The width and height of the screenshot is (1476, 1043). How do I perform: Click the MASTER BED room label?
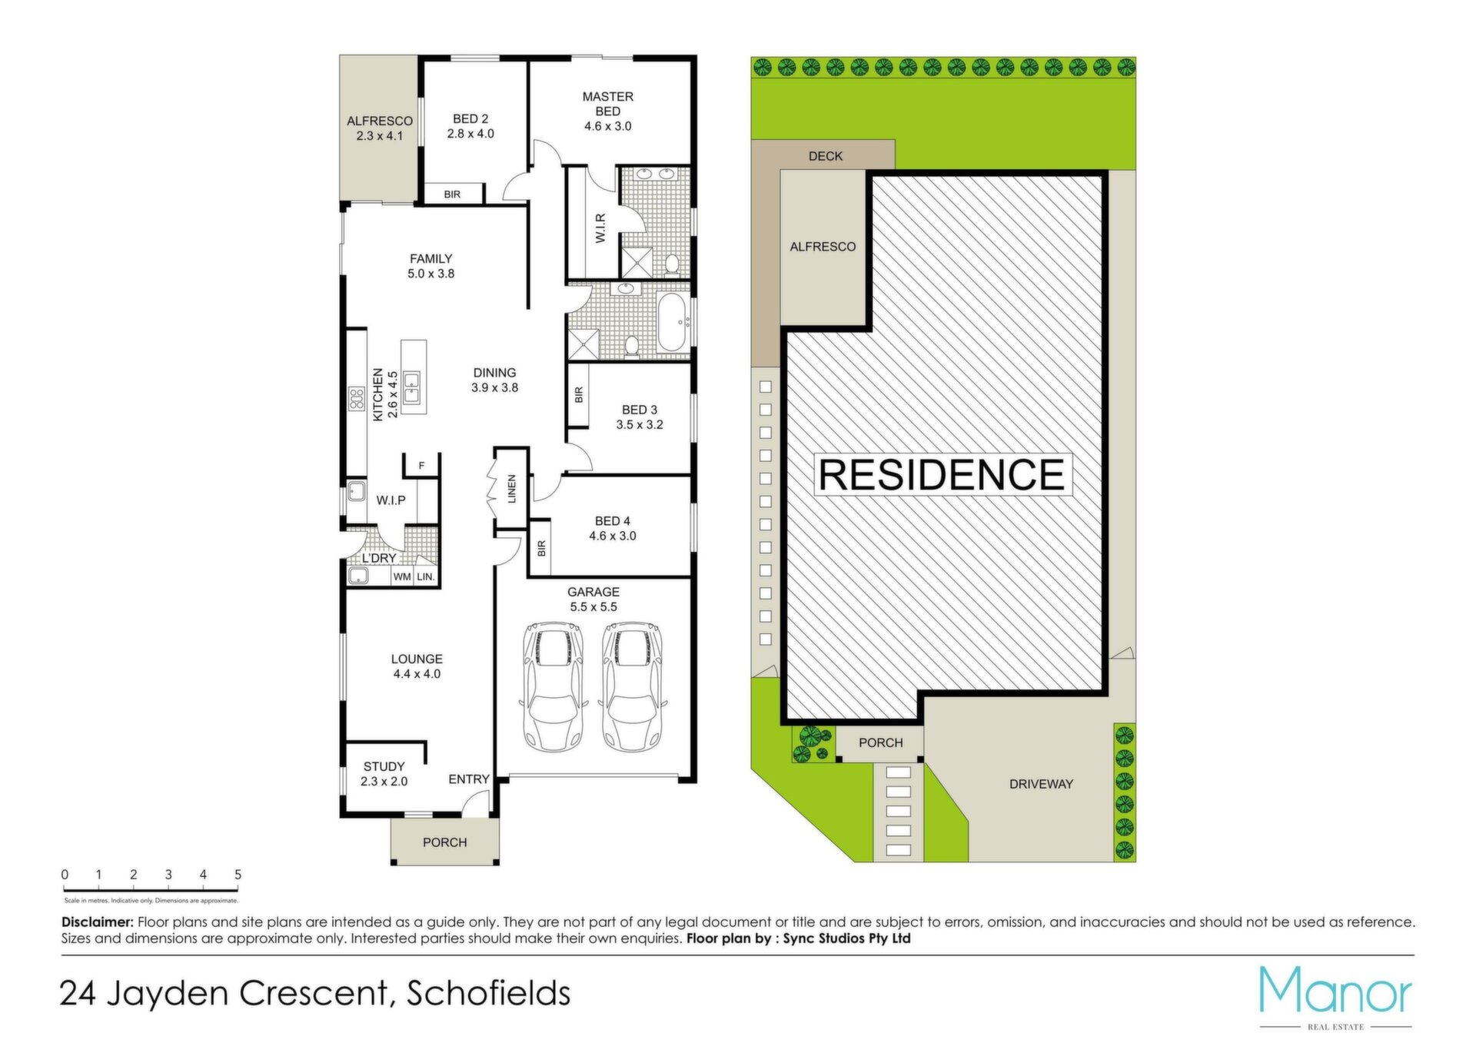[x=607, y=104]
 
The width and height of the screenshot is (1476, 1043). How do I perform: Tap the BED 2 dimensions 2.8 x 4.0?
[x=470, y=134]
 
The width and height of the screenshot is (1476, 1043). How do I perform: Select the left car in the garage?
[x=553, y=686]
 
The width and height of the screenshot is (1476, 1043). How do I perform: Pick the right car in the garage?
[x=632, y=686]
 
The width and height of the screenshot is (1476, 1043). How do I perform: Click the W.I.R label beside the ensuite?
[x=600, y=228]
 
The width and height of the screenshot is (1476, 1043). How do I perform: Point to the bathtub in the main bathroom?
[x=674, y=323]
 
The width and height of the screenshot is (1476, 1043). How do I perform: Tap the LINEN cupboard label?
[x=512, y=489]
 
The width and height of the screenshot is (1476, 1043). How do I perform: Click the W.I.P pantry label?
[x=391, y=500]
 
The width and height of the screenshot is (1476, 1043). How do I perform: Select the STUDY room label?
[x=384, y=766]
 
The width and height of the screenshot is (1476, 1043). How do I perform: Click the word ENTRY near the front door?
[x=469, y=779]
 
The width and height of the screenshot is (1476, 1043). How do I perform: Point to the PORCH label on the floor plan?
[x=444, y=842]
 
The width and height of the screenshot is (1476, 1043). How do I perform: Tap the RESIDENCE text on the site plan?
[x=942, y=475]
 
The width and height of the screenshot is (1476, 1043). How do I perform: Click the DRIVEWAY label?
[x=1041, y=784]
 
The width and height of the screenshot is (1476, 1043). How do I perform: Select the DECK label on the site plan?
[x=826, y=156]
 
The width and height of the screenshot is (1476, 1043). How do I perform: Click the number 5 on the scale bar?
[x=238, y=875]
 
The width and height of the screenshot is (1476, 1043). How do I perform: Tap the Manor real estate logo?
[x=1335, y=998]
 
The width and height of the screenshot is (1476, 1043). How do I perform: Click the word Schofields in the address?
[x=488, y=994]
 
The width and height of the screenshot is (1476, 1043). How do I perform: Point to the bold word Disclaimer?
[x=98, y=922]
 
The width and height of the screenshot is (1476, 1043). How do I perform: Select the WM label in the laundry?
[x=402, y=576]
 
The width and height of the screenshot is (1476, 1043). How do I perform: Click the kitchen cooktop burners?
[x=356, y=398]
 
